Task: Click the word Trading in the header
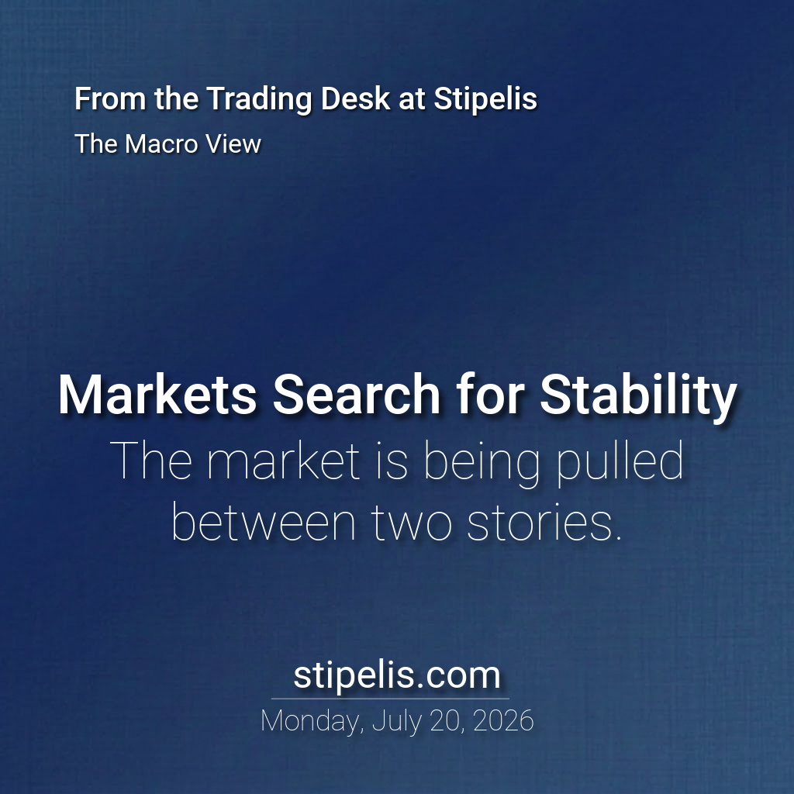(x=260, y=99)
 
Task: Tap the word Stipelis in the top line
(x=485, y=98)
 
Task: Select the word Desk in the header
(x=355, y=98)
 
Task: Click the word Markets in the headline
(x=157, y=395)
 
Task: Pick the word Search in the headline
(x=357, y=395)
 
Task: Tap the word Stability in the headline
(x=638, y=399)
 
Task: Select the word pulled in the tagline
(x=620, y=461)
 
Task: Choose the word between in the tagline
(x=264, y=522)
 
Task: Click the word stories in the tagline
(x=544, y=522)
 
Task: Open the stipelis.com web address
(x=397, y=675)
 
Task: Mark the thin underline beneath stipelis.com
(x=391, y=699)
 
